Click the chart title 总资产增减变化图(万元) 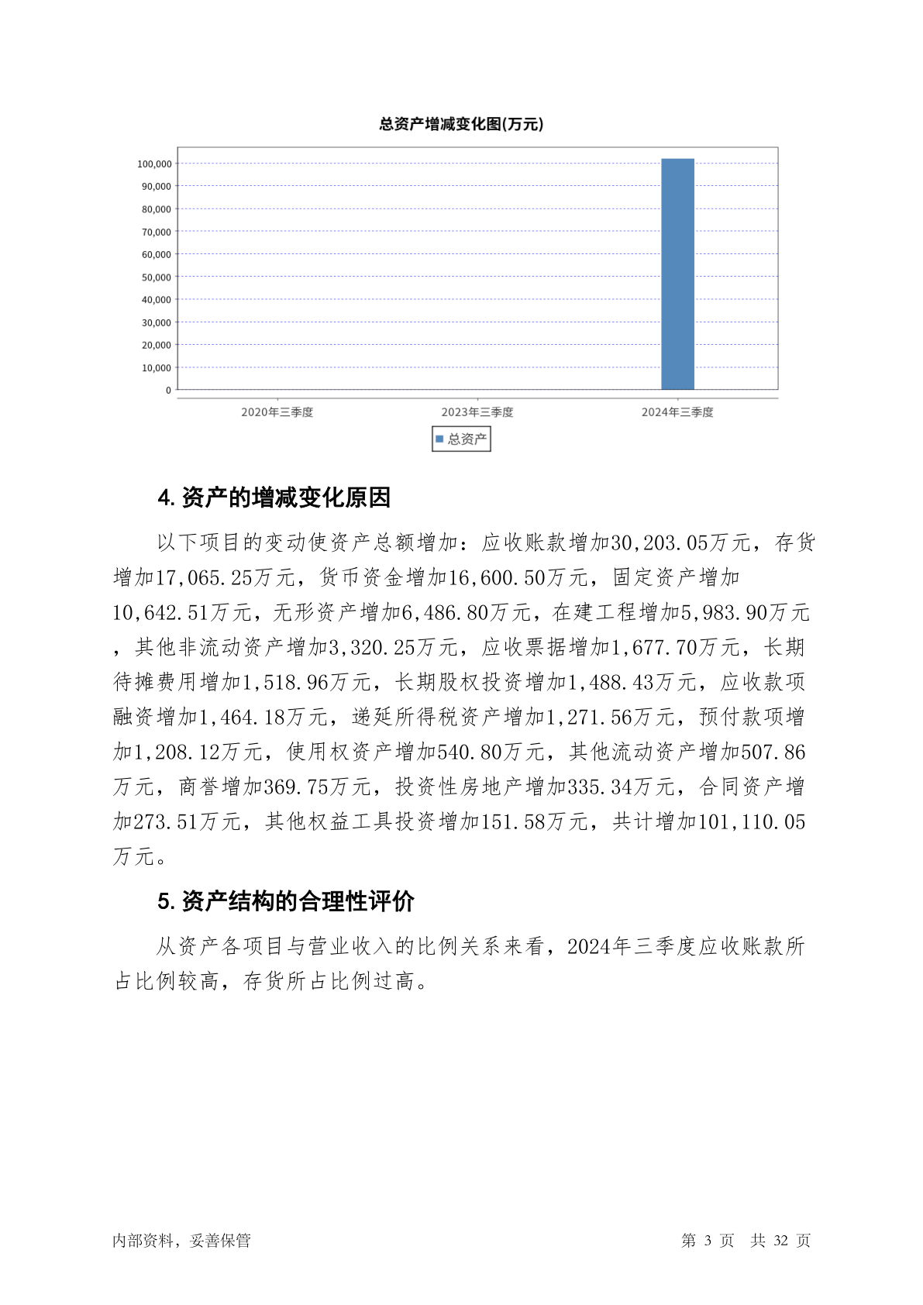461,124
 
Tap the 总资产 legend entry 462,439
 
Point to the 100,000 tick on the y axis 154,164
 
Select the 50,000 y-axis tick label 157,277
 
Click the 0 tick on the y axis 168,391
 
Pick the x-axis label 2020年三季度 277,412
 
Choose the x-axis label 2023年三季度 477,412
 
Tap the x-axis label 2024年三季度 677,412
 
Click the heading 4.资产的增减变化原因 274,498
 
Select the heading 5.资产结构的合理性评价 285,901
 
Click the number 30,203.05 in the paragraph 660,542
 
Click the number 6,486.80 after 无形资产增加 445,612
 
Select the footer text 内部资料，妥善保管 181,1241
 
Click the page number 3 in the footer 708,1241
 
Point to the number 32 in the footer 780,1241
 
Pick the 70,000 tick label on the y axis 157,232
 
